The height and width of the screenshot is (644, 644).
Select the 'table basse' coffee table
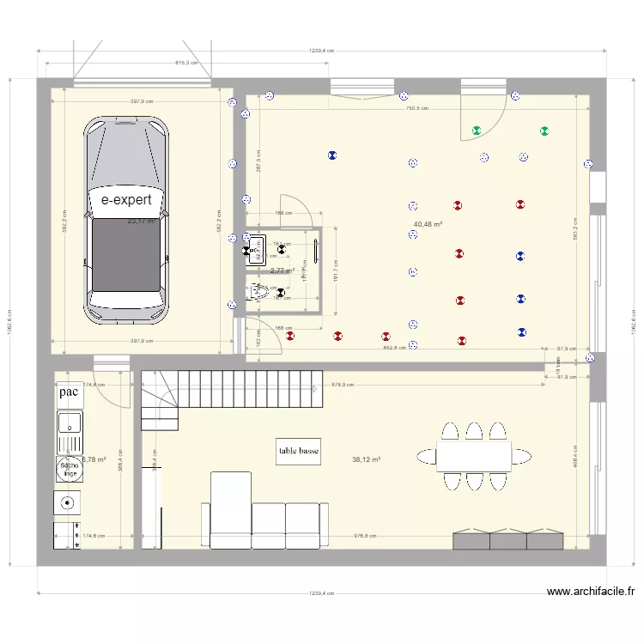coord(299,452)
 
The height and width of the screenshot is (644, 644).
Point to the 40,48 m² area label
coord(428,224)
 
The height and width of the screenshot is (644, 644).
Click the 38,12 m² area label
coord(366,459)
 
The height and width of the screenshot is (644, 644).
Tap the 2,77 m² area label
coord(282,270)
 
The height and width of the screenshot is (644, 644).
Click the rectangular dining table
coord(473,455)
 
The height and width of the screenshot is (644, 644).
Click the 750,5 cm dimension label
coord(417,108)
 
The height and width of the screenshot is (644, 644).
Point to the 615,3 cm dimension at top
coord(186,63)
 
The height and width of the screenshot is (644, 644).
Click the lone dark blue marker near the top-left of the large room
coord(331,155)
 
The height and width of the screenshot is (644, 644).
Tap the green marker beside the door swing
coord(477,131)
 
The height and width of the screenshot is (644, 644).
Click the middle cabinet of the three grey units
coord(507,540)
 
